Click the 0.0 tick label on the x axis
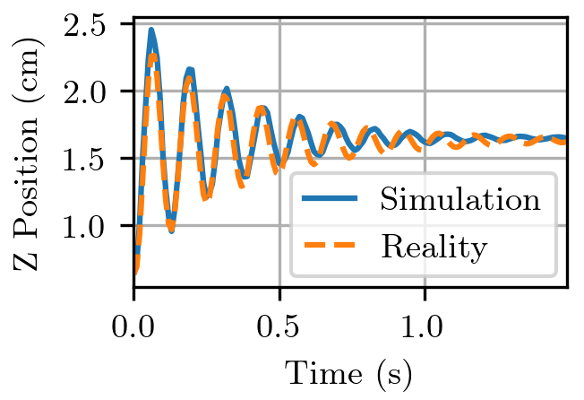point(134,324)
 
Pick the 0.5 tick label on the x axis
point(279,324)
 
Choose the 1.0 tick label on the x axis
point(425,324)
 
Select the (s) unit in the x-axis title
point(392,371)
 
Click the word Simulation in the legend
point(460,198)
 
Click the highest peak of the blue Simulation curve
point(151,30)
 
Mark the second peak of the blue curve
point(190,69)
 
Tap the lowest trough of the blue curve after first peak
point(171,230)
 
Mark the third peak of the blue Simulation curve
point(227,89)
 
